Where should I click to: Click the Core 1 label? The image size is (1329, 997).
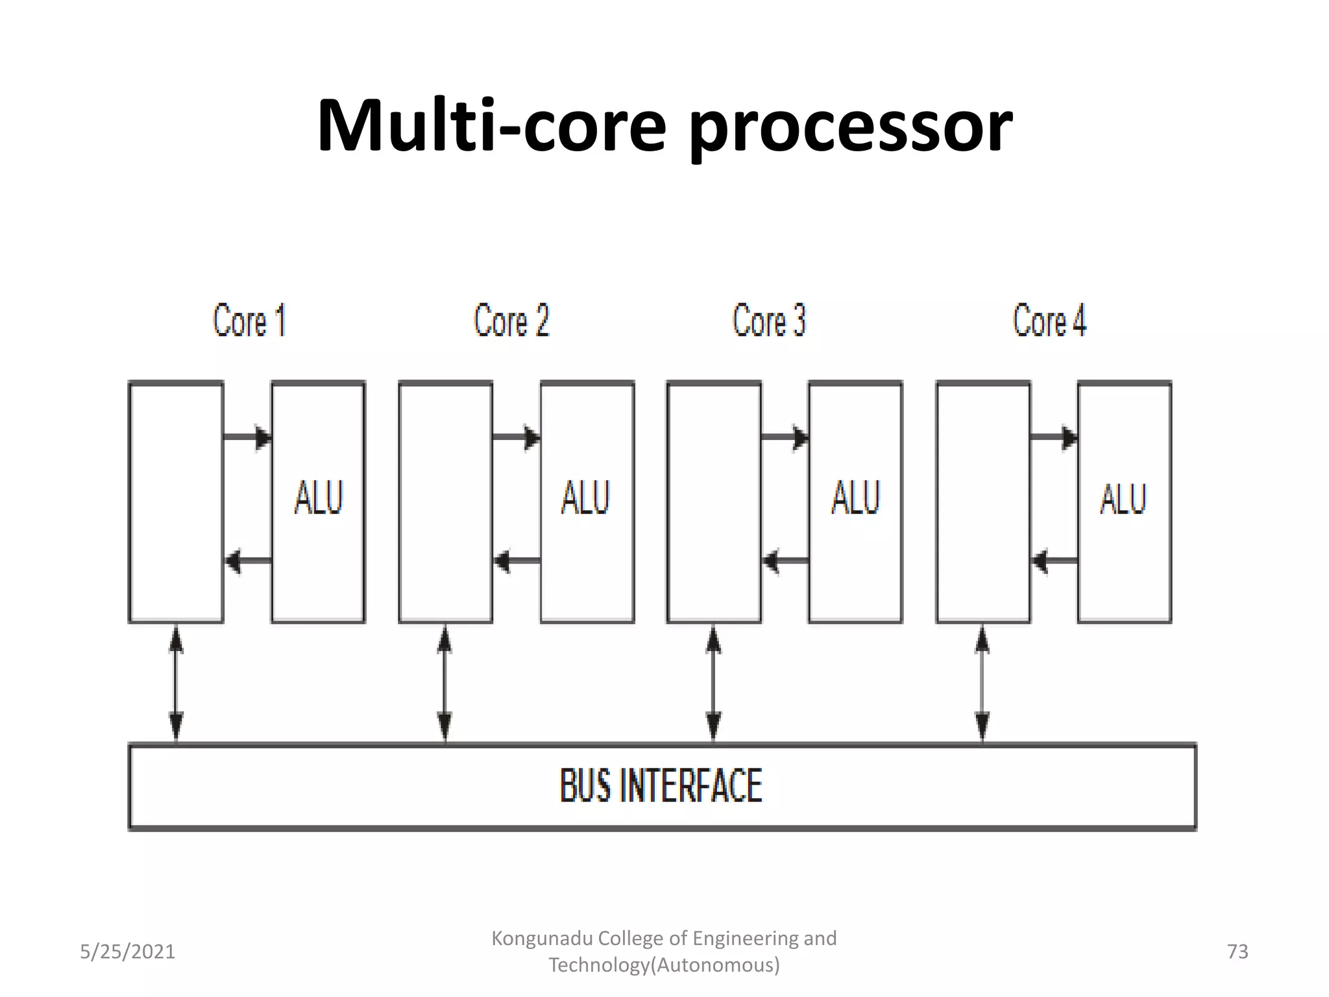[x=249, y=321]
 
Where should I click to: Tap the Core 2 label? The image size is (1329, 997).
[x=511, y=321]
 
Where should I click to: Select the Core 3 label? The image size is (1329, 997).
[x=769, y=321]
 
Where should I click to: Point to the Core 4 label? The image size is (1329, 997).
[x=1049, y=321]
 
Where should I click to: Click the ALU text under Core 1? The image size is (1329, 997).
[x=318, y=498]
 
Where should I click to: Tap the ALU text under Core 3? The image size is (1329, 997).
[x=855, y=498]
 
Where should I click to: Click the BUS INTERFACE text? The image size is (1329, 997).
[x=661, y=786]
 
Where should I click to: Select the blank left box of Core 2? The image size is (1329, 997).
[x=445, y=502]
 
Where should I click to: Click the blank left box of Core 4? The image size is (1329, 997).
[x=982, y=502]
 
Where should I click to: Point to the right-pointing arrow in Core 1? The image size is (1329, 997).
[x=247, y=437]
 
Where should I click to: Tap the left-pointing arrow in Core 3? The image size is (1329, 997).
[x=785, y=560]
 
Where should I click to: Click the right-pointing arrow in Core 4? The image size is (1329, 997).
[x=1054, y=437]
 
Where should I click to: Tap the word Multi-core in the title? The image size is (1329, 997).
[x=491, y=125]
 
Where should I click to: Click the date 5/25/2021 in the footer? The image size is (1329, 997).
[x=127, y=952]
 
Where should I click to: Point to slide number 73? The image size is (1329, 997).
[x=1238, y=952]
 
